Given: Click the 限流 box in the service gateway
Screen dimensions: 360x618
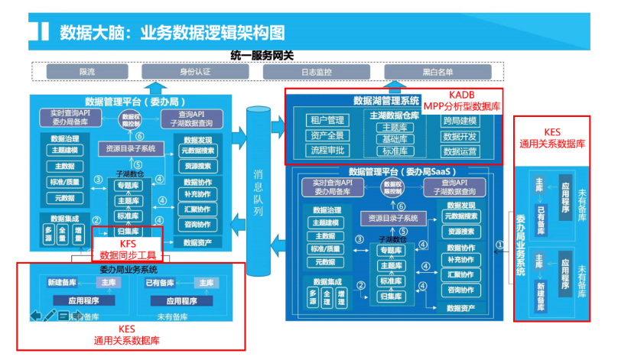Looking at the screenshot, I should pyautogui.click(x=86, y=71).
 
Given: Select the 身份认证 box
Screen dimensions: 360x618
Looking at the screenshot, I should pyautogui.click(x=194, y=71).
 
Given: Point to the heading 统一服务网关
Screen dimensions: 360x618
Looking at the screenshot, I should pyautogui.click(x=262, y=55).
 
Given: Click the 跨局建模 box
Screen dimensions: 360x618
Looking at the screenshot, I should pyautogui.click(x=460, y=121).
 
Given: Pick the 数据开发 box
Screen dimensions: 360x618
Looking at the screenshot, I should pyautogui.click(x=460, y=136).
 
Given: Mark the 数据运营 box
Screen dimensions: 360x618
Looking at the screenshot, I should pyautogui.click(x=460, y=151).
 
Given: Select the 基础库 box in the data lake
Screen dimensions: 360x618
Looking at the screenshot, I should pyautogui.click(x=395, y=139).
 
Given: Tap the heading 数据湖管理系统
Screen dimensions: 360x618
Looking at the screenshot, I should pyautogui.click(x=386, y=100).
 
